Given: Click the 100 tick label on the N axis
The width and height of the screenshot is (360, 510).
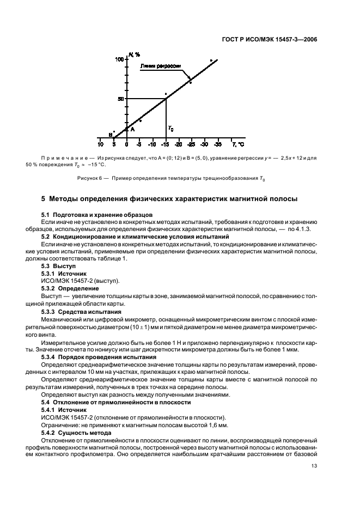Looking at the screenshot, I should point(119,59).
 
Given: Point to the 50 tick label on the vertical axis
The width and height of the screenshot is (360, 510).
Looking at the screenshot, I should point(120,99).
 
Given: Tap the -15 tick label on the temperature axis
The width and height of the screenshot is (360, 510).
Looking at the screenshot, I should point(165,144).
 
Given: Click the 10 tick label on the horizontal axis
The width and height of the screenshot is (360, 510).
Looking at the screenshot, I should point(100,144).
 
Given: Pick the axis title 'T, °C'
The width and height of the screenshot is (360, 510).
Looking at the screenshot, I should point(238,144).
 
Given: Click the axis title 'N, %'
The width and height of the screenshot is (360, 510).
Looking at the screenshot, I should point(134,54).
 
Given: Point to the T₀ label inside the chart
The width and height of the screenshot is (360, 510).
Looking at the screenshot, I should point(171,129).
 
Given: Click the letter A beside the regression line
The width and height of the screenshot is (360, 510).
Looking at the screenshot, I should point(132,129).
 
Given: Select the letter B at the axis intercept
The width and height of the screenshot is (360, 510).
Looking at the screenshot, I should point(110,135).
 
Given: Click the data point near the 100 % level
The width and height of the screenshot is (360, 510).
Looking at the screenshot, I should point(211,60).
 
